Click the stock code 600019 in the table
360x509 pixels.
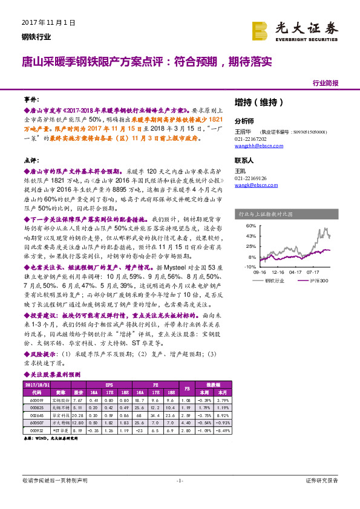(x=36, y=400)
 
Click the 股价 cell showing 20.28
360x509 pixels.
(x=77, y=415)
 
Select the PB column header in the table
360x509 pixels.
(x=186, y=387)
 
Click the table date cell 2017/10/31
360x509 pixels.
(x=36, y=384)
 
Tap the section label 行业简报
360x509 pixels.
(x=326, y=83)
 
